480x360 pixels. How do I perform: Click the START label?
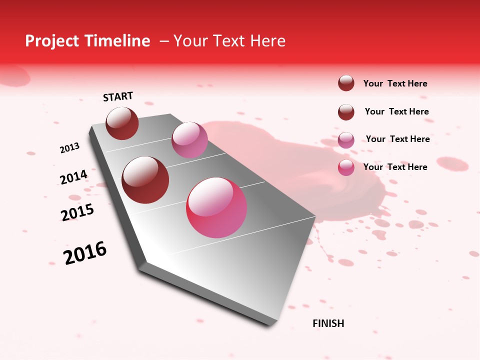[118, 96]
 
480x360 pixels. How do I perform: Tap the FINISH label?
[328, 323]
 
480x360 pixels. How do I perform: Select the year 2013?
[69, 148]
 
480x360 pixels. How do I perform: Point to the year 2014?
[73, 177]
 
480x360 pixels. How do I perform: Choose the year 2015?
[77, 212]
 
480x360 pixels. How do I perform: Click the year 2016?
[85, 253]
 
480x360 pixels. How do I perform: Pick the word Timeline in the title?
[117, 41]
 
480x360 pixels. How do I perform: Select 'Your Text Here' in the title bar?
[229, 41]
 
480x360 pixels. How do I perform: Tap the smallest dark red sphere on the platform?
[122, 123]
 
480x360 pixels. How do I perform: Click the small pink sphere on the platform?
[189, 140]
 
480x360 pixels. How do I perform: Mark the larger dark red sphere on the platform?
[145, 180]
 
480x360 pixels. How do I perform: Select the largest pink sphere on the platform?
[216, 207]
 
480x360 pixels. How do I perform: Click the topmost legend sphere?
[346, 83]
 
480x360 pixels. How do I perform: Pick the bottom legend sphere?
[346, 167]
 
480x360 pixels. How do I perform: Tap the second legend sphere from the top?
[346, 112]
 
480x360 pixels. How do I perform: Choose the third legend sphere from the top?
[346, 140]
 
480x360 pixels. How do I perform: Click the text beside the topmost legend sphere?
[395, 83]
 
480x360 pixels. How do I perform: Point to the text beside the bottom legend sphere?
[395, 167]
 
